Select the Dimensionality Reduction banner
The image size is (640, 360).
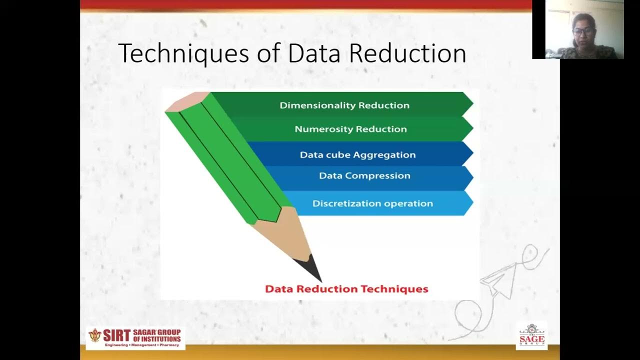point(344,105)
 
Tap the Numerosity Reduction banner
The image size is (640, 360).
point(350,129)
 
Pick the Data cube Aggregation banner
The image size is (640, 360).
point(357,154)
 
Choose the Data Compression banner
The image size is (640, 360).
point(364,175)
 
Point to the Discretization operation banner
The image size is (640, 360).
point(372,203)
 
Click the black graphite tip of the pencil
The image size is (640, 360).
point(312,267)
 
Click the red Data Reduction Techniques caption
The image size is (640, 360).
point(346,289)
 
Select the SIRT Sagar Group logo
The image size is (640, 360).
point(135,338)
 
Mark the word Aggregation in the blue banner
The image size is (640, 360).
point(386,155)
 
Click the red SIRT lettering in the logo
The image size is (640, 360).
point(116,335)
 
